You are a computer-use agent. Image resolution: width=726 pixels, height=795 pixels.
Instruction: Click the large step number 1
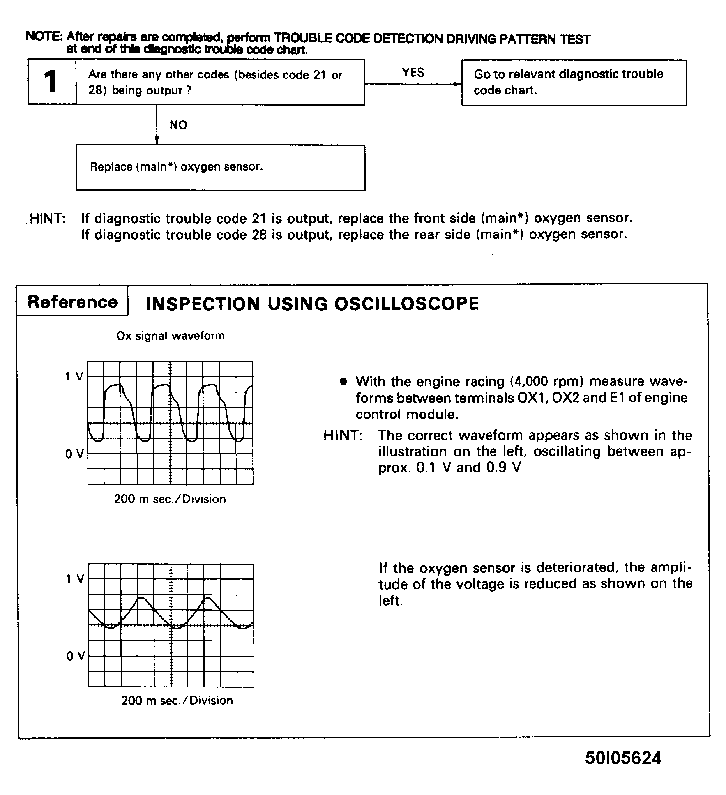click(51, 81)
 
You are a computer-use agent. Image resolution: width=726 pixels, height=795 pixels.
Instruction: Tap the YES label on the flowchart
click(413, 73)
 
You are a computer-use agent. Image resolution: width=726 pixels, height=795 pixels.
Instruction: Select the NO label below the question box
click(178, 125)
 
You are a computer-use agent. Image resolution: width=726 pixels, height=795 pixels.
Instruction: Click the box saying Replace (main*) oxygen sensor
click(220, 167)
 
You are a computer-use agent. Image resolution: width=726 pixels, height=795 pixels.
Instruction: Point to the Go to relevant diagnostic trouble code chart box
click(574, 83)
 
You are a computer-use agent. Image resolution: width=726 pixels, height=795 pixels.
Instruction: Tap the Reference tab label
click(72, 302)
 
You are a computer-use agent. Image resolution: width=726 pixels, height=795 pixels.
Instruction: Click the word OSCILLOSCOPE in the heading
click(406, 304)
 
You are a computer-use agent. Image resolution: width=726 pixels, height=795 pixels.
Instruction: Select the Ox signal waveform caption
click(171, 336)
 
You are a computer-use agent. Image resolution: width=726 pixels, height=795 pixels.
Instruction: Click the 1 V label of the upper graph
click(74, 376)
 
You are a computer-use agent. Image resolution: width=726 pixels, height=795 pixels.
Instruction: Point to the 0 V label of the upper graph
click(74, 454)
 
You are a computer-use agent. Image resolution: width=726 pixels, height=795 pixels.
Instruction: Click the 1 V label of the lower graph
click(75, 579)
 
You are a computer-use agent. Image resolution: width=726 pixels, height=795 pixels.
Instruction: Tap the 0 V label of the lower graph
click(75, 656)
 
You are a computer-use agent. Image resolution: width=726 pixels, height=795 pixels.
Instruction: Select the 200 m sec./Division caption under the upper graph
click(170, 499)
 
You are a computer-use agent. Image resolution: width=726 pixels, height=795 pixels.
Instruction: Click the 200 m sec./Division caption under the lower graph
click(177, 701)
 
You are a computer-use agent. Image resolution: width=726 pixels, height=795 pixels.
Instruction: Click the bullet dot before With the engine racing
click(343, 382)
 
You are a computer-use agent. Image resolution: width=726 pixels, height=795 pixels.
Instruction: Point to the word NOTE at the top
click(43, 36)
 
